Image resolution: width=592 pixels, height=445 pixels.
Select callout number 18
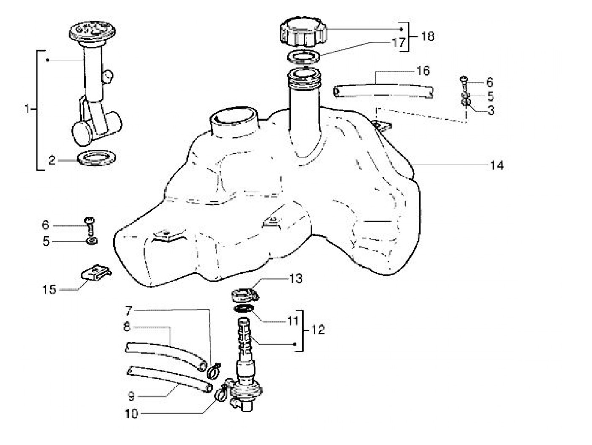pos(428,36)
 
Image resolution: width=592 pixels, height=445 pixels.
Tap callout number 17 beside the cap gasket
pos(399,42)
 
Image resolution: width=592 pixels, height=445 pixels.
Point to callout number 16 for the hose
pos(422,71)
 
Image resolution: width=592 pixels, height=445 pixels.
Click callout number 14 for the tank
pos(497,165)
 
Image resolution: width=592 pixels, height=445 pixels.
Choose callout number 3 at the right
pos(491,110)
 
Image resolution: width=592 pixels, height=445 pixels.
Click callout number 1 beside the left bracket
pos(27,110)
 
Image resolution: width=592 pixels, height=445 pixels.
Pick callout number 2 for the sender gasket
pos(52,160)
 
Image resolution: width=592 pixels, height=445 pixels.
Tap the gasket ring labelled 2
pos(98,159)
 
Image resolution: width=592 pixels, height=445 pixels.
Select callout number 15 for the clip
pos(49,290)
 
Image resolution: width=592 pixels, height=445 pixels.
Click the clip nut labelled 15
pos(96,273)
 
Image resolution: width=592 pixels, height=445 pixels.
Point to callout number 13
pos(296,279)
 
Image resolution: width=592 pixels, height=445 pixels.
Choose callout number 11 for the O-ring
pos(293,321)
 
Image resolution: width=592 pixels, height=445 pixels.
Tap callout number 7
pos(129,311)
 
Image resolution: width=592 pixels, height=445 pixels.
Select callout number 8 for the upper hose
pos(126,327)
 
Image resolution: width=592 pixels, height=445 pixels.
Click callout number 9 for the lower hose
pos(131,396)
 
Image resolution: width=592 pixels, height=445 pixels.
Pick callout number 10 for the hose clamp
pos(131,413)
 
